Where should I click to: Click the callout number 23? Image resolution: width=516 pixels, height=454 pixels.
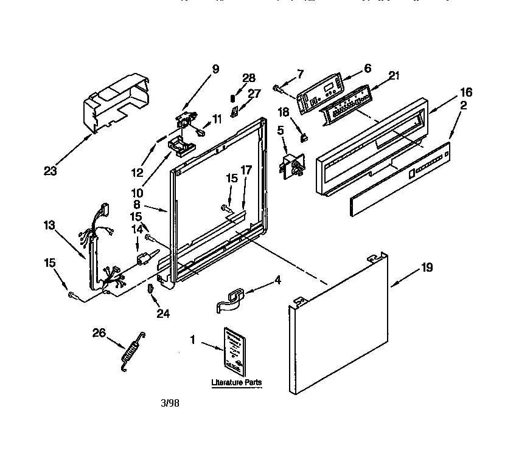click(x=50, y=171)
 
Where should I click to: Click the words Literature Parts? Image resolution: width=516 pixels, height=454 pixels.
click(x=236, y=383)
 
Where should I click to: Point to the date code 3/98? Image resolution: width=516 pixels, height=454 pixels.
click(x=170, y=402)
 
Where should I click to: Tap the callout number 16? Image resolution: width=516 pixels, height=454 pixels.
click(x=466, y=92)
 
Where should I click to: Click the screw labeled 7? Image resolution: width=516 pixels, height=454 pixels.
click(x=279, y=89)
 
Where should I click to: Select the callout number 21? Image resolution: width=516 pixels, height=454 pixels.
click(x=394, y=75)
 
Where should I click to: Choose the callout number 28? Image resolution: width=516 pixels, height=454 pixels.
click(x=248, y=77)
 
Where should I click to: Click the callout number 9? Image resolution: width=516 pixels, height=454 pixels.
click(x=215, y=69)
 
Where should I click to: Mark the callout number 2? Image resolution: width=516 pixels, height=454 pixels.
click(x=464, y=106)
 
